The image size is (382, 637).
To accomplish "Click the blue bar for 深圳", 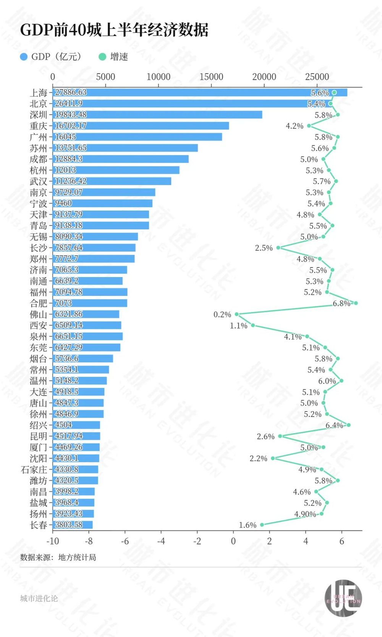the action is tap(157, 115).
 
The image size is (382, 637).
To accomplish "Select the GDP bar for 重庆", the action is tap(141, 126).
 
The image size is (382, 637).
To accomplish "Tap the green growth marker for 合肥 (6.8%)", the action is tap(356, 303).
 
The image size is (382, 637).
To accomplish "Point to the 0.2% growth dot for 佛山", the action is tap(237, 314).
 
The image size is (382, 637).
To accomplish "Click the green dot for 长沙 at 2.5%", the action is tap(278, 248).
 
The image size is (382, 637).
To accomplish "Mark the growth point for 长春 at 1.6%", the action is tap(262, 525).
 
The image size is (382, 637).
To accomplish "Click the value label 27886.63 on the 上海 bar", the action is tap(71, 92).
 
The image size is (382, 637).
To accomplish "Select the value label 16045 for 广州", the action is tap(65, 137).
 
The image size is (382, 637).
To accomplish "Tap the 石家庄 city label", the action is tap(34, 470).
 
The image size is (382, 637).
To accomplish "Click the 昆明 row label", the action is tap(38, 436).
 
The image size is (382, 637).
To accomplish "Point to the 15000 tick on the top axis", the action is tap(211, 77).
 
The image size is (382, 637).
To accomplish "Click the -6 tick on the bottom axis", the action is tap(125, 541).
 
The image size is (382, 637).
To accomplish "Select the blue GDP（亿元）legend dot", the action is tap(24, 57).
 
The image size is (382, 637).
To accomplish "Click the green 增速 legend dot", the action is tap(102, 57).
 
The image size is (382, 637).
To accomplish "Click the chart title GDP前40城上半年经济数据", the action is tap(114, 30).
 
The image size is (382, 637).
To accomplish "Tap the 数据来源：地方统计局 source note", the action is tap(58, 558).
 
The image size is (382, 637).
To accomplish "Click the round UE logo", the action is tap(343, 598).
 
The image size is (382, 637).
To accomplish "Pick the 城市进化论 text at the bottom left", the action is tap(39, 598).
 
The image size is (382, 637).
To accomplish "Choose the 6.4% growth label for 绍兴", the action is tap(334, 425).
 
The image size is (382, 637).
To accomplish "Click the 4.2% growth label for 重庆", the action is tap(295, 126).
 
